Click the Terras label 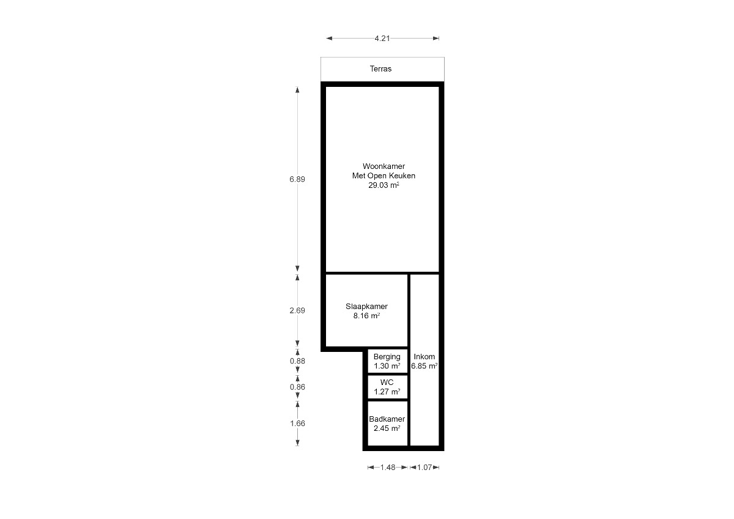click(x=380, y=69)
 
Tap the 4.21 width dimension click(x=382, y=39)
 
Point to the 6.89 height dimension click(x=297, y=179)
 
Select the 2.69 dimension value click(x=297, y=310)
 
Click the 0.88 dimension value click(x=297, y=360)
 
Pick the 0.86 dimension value click(x=297, y=387)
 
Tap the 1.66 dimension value click(x=297, y=424)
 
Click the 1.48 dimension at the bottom click(x=388, y=467)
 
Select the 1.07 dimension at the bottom click(x=424, y=467)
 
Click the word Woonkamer click(x=384, y=166)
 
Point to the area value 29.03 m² click(x=384, y=185)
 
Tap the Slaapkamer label click(x=366, y=306)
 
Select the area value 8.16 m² click(x=366, y=316)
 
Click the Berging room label click(x=387, y=357)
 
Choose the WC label click(x=387, y=383)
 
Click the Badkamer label click(x=387, y=419)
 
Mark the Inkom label click(x=424, y=356)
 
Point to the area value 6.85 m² click(x=424, y=366)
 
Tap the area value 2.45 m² click(x=387, y=428)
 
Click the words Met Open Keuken click(x=384, y=176)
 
